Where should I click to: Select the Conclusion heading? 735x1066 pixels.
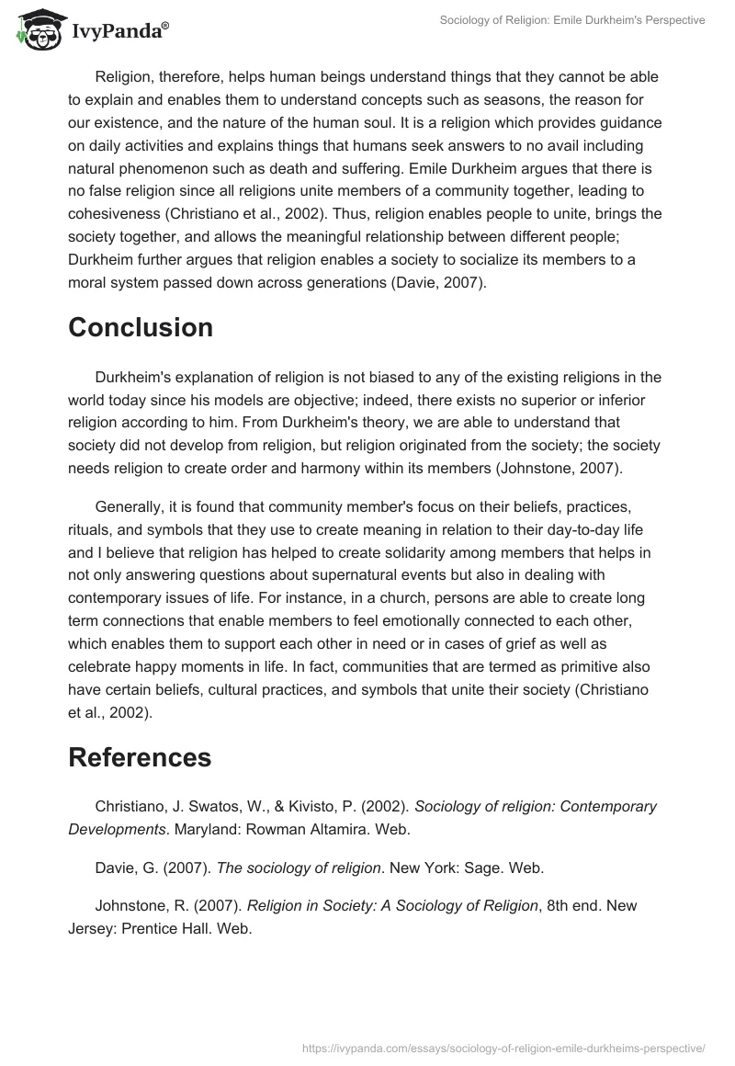tap(141, 327)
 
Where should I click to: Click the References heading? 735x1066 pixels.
tap(140, 756)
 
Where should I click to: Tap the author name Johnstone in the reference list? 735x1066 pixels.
tap(131, 905)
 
